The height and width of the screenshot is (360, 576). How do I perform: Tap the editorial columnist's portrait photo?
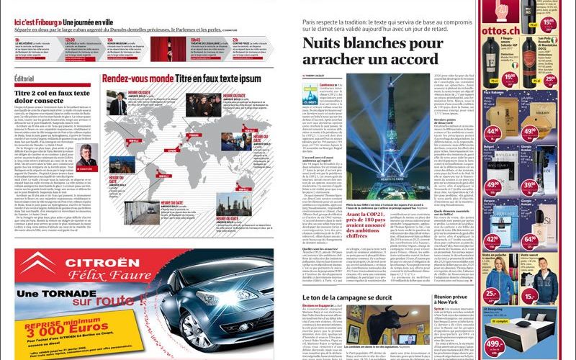click(x=85, y=155)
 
